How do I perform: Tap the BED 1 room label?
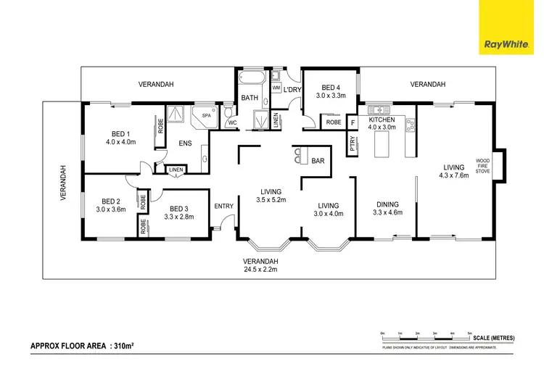point(120,133)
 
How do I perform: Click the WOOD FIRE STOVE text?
point(483,167)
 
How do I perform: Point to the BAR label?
point(317,161)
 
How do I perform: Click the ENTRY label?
point(223,206)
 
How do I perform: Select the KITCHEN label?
point(382,120)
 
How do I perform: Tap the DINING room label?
point(384,204)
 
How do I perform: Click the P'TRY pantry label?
point(353,143)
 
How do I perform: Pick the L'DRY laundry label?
point(292,90)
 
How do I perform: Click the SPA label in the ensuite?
point(205,115)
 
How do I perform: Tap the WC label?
point(232,122)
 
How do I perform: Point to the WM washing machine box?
point(276,88)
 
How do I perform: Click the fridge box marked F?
point(353,122)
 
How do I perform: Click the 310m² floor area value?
point(127,346)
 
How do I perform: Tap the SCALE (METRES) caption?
point(493,338)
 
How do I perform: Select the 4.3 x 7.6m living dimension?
point(453,175)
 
